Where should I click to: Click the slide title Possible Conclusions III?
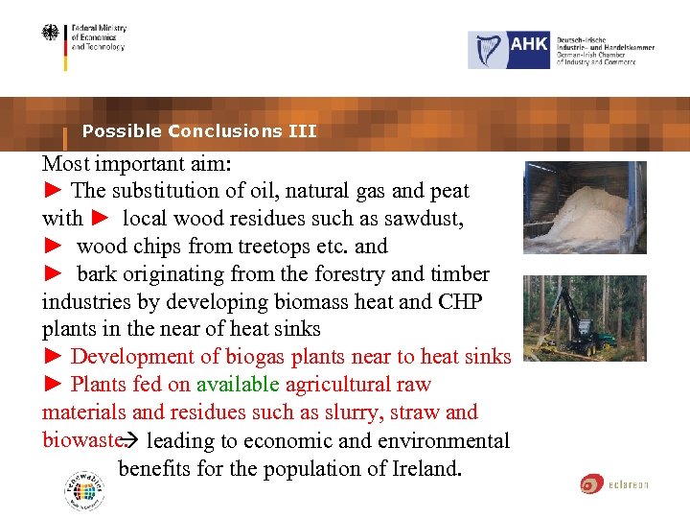[x=199, y=131]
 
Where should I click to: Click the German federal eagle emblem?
[x=50, y=35]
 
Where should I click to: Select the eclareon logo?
[x=614, y=483]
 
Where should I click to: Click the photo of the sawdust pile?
[x=585, y=207]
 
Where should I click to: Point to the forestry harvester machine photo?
[x=585, y=318]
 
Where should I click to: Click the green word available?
[x=238, y=385]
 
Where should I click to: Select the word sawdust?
[x=425, y=219]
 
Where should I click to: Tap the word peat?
[x=448, y=191]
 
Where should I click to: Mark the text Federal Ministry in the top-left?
[x=99, y=29]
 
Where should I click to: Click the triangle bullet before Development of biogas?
[x=53, y=357]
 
